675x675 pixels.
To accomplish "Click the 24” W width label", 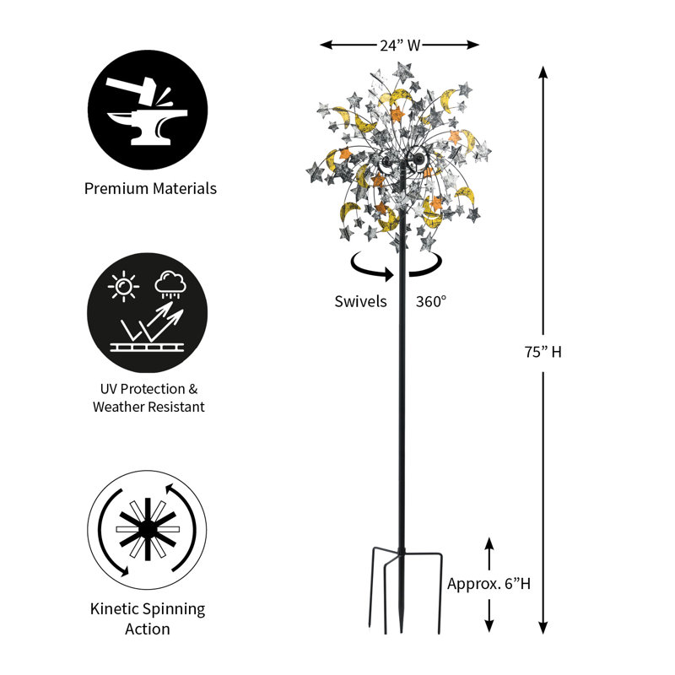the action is coord(399,46).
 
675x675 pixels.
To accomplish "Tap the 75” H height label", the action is coord(543,352).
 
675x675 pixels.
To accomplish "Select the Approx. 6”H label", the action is coord(489,584).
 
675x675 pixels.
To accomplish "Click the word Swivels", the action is coord(361,301).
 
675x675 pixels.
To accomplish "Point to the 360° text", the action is coord(431,301).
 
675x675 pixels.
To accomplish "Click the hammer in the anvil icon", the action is coord(132,89).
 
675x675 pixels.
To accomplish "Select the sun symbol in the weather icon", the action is coord(123,286).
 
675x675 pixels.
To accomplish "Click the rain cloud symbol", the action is coord(170,284).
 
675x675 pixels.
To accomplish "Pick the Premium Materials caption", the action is coord(150,188).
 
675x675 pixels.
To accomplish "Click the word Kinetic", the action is coord(115,608).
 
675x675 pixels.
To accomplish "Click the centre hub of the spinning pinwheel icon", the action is coord(148,530).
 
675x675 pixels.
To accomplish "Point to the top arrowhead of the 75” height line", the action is coord(543,73).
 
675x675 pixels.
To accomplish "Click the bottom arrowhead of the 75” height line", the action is coord(543,628).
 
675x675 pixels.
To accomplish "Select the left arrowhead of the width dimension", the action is coord(327,45).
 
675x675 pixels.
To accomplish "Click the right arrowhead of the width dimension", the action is coord(472,45).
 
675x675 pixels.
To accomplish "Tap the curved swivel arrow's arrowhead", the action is coord(389,274).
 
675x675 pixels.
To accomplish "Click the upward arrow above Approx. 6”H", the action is coord(489,553).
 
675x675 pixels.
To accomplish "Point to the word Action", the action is coord(147,629).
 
